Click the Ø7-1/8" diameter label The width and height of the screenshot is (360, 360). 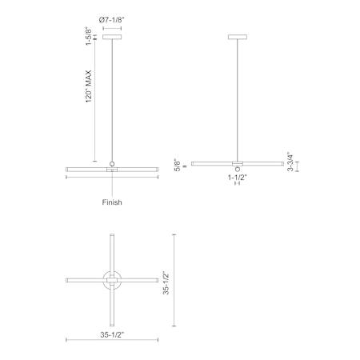click(x=112, y=20)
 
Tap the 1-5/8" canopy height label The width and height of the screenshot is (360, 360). click(x=89, y=36)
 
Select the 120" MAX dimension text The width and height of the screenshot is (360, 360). click(x=89, y=86)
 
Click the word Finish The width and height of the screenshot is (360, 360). click(x=112, y=202)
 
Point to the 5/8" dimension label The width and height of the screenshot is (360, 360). click(x=178, y=166)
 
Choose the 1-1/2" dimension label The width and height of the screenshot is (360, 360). click(x=238, y=178)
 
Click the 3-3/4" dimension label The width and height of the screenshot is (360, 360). click(x=290, y=162)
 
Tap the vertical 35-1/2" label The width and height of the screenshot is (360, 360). click(x=166, y=282)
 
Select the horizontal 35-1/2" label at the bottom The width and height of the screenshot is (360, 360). click(x=112, y=334)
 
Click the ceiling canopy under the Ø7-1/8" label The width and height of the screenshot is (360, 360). click(x=112, y=37)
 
